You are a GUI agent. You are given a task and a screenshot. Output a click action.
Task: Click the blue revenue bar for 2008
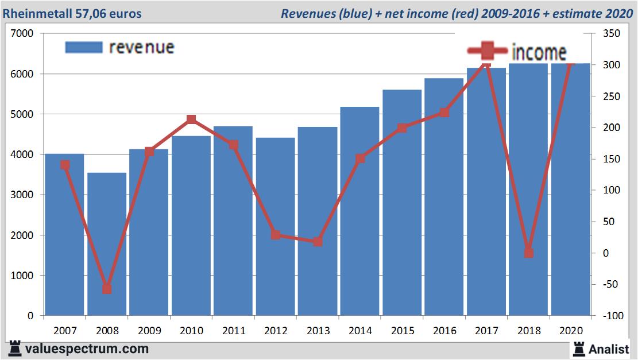(107, 244)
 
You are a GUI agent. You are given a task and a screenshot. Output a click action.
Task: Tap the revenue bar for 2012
(275, 227)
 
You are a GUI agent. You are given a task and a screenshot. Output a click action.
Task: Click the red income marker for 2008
(107, 289)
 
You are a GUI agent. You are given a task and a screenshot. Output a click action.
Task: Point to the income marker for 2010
(191, 119)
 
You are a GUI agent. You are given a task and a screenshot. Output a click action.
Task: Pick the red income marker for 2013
(318, 242)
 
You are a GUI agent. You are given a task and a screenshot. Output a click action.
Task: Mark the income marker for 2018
(529, 253)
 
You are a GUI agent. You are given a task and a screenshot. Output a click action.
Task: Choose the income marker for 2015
(402, 127)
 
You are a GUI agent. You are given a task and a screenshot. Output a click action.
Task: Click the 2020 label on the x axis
(571, 331)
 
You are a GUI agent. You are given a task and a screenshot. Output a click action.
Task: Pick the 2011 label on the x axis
(233, 331)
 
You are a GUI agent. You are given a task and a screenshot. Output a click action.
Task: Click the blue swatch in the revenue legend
(83, 47)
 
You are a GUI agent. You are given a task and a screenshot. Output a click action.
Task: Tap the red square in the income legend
(487, 52)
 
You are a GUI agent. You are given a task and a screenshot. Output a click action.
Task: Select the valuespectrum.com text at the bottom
(87, 349)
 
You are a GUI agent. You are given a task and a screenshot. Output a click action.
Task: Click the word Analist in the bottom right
(610, 349)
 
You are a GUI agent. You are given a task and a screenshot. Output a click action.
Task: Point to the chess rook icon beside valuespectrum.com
(15, 348)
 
